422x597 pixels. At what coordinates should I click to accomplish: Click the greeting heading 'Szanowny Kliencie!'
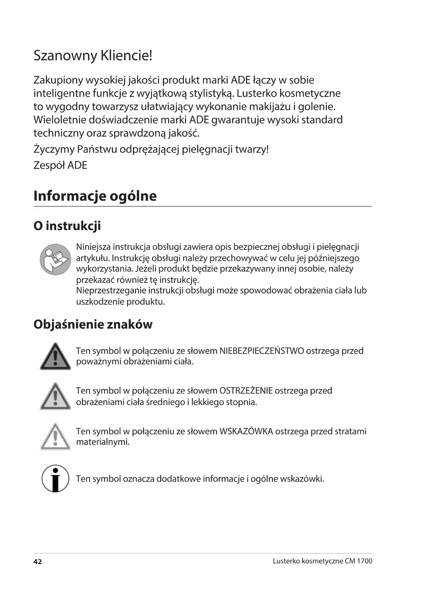click(93, 55)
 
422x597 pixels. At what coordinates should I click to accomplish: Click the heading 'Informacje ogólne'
click(95, 196)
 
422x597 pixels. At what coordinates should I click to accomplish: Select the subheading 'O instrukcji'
click(67, 226)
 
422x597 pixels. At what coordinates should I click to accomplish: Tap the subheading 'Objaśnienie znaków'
click(93, 324)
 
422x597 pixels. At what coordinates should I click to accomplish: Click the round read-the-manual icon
click(55, 259)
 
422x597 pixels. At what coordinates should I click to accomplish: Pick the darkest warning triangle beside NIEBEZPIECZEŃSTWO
click(55, 357)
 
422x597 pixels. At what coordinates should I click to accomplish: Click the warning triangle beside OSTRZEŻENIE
click(55, 397)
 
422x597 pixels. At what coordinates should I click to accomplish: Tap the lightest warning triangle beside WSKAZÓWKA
click(55, 437)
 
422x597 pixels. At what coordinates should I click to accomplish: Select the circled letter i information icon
click(55, 479)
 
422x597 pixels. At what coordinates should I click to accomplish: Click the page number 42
click(37, 562)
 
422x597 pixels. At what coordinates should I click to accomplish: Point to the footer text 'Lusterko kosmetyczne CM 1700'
click(322, 561)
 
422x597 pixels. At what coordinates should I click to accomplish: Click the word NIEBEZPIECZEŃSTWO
click(261, 351)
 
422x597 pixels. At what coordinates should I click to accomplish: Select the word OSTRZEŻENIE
click(246, 391)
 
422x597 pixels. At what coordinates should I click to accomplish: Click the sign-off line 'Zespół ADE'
click(60, 165)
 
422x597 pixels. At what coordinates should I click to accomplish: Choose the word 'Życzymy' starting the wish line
click(54, 150)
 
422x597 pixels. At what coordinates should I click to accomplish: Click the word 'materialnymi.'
click(103, 442)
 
